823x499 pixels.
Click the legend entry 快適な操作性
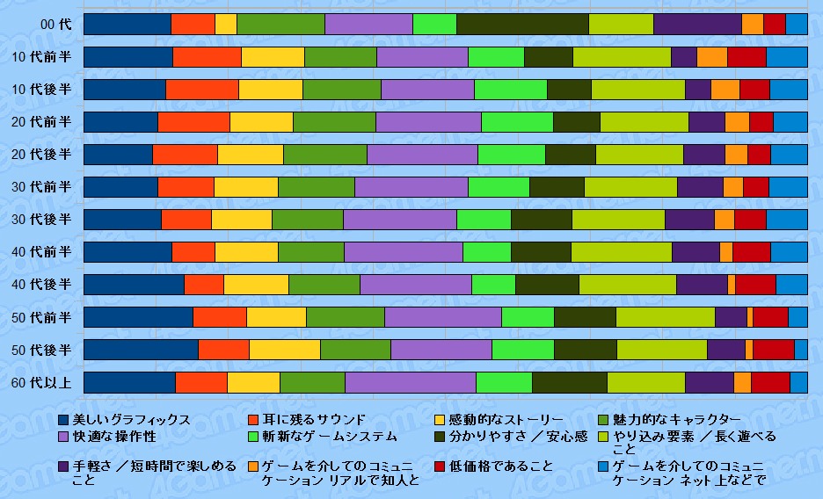click(113, 437)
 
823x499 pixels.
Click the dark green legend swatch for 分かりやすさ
click(441, 437)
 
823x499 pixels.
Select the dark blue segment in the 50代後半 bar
click(141, 350)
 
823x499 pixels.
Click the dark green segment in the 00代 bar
click(522, 25)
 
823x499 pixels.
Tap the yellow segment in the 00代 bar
click(226, 25)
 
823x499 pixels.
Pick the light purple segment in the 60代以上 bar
click(410, 382)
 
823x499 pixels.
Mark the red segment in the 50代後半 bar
click(774, 350)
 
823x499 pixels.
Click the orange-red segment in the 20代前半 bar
click(193, 122)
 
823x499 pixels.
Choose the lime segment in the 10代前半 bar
click(622, 57)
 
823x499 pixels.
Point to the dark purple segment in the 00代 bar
click(697, 25)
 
